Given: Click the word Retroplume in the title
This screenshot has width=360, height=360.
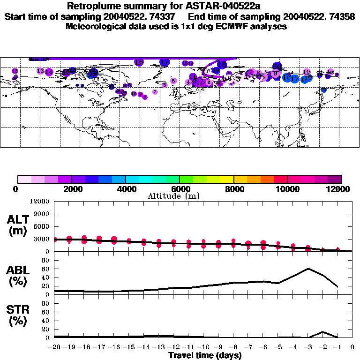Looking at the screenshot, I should click(x=92, y=7).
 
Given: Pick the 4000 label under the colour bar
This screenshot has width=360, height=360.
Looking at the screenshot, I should click(x=126, y=189).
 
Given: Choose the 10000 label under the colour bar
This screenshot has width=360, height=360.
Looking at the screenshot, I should click(x=288, y=189).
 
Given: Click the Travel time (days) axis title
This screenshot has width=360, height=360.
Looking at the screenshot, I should click(x=205, y=356).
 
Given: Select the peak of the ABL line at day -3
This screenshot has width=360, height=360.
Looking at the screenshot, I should click(x=308, y=269).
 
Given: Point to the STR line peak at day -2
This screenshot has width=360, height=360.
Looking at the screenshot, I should click(x=323, y=332).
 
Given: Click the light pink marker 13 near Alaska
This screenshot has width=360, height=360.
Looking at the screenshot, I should click(x=40, y=71).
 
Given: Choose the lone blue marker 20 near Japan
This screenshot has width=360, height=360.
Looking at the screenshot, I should click(x=323, y=90).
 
